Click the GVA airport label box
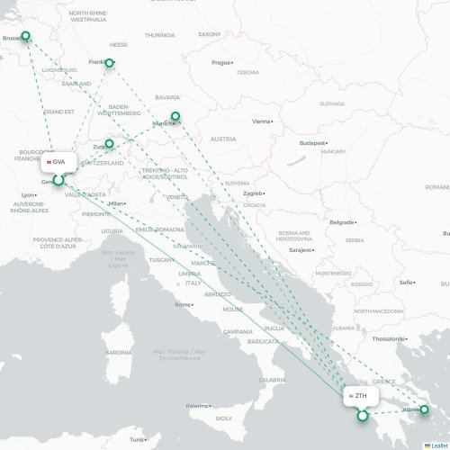[x=57, y=161]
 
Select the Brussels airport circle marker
[x=25, y=37]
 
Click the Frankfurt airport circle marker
[x=110, y=63]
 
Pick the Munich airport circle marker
[x=175, y=116]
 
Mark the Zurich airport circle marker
[x=110, y=143]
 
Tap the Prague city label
[x=220, y=62]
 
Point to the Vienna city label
[x=261, y=121]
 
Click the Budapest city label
[x=310, y=142]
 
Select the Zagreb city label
[x=252, y=193]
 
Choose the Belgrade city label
[x=341, y=221]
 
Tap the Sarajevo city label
[x=299, y=249]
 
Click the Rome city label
[x=183, y=304]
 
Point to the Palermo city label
[x=196, y=406]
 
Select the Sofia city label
[x=406, y=282]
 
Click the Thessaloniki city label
[x=388, y=338]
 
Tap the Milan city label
[x=114, y=203]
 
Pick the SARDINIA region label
[x=118, y=352]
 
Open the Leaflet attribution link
[x=437, y=445]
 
